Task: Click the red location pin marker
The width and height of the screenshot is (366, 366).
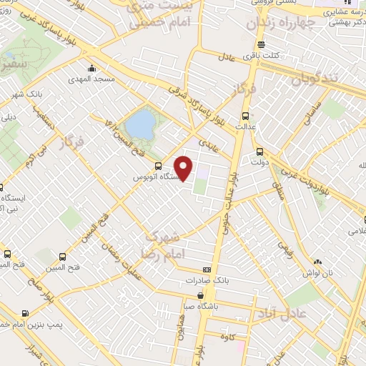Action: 184,168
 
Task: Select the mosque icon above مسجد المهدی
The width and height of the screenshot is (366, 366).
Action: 91,69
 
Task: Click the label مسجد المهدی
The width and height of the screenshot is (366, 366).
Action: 91,79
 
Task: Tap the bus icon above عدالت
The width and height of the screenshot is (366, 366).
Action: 245,115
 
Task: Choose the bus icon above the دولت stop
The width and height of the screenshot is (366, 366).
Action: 259,152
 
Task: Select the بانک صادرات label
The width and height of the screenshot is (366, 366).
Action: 207,280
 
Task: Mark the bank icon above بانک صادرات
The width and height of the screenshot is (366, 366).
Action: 207,269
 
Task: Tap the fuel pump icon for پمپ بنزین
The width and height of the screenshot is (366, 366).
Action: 26,312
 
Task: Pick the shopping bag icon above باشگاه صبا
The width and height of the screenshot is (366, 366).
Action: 203,294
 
